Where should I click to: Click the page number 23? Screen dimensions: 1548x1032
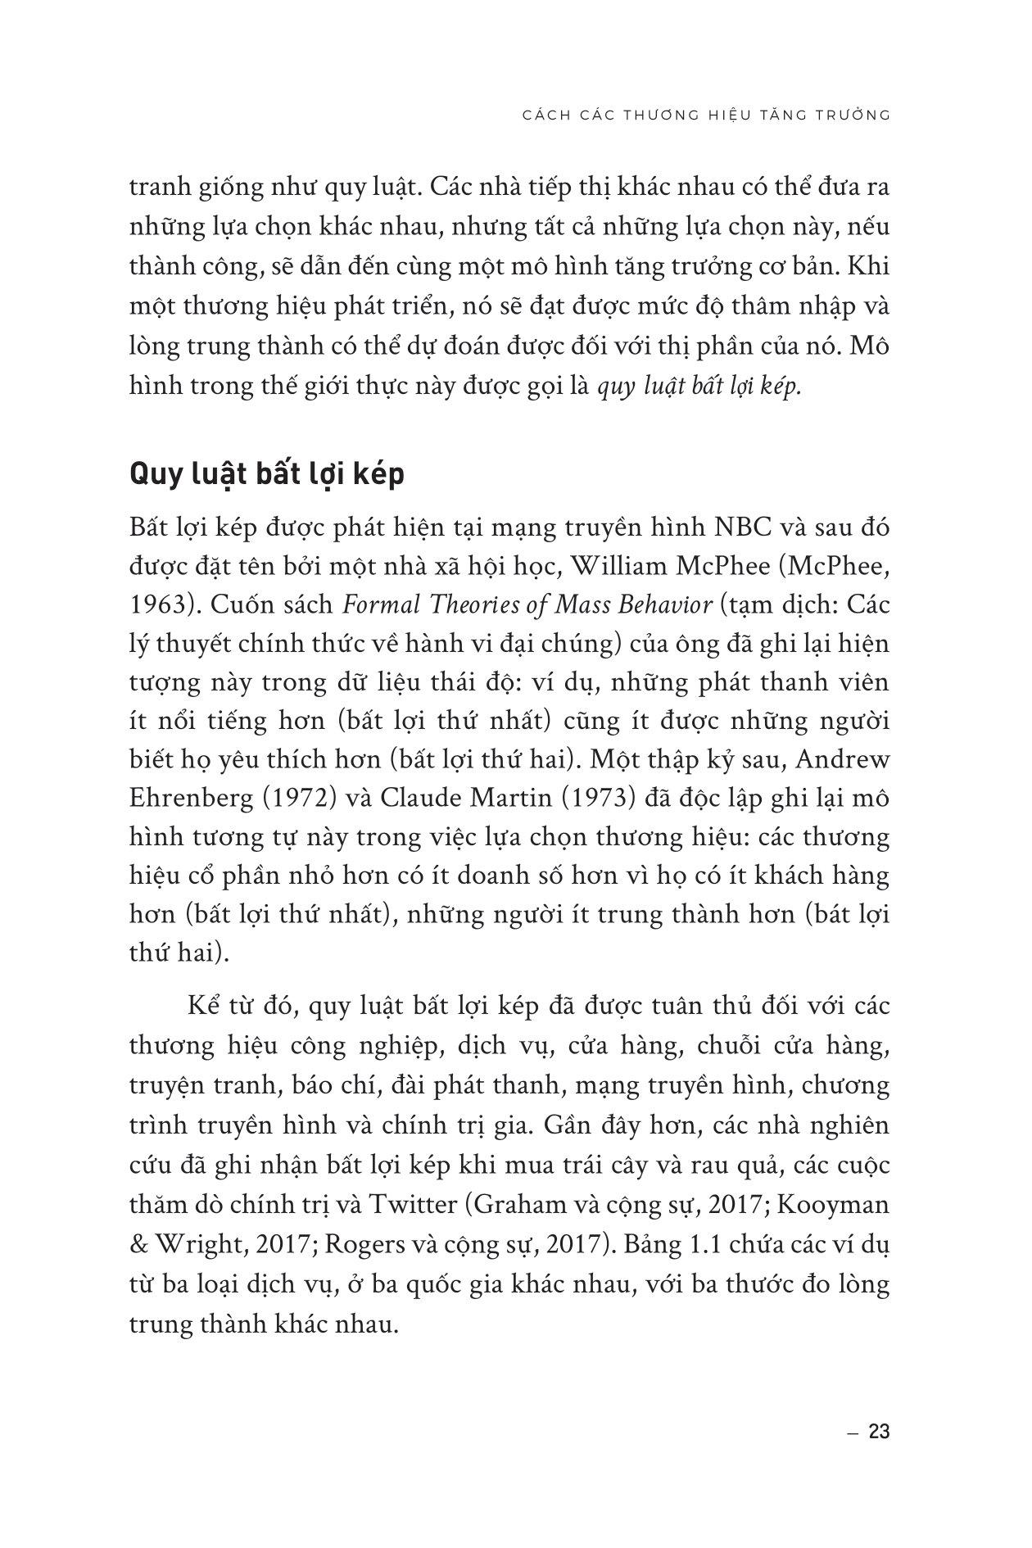pyautogui.click(x=878, y=1433)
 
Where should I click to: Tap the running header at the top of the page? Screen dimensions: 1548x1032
pyautogui.click(x=706, y=115)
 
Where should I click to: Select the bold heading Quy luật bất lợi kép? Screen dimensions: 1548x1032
pyautogui.click(x=267, y=475)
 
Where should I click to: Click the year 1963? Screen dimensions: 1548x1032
pyautogui.click(x=160, y=605)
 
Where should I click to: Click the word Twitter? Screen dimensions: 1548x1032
pyautogui.click(x=414, y=1205)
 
